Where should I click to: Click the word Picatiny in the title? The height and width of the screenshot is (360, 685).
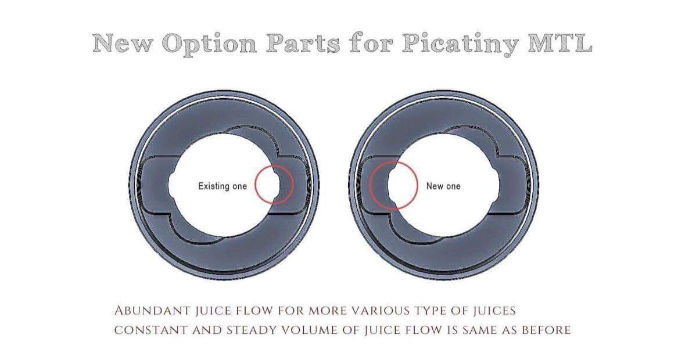[x=461, y=44]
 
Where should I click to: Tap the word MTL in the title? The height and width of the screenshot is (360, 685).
[x=560, y=43]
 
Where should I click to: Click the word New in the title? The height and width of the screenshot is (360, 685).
[x=123, y=44]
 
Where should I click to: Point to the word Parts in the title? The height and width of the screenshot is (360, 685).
[x=303, y=44]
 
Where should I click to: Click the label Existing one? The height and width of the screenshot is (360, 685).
[x=223, y=186]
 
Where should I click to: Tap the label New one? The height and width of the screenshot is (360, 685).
[x=443, y=186]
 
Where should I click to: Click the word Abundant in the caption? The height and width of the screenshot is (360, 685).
[x=152, y=311]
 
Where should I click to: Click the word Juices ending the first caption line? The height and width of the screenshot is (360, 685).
[x=494, y=311]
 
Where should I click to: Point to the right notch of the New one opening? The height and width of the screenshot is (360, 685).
[x=496, y=185]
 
